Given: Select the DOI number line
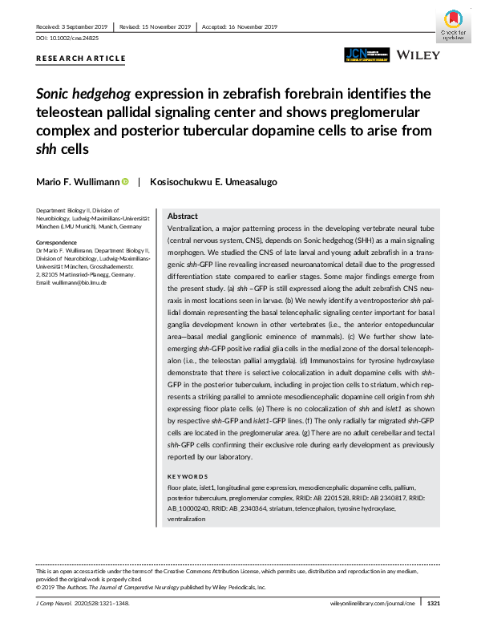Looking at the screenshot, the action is click(x=71, y=38).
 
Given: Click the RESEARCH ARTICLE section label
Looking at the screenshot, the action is click(x=81, y=59).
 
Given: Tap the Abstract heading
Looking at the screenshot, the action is click(x=183, y=216).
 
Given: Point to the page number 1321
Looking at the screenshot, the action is click(x=433, y=602).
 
